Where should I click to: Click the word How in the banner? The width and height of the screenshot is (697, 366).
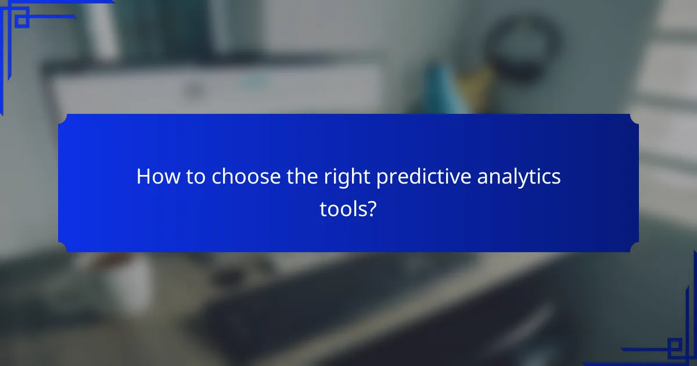pos(155,177)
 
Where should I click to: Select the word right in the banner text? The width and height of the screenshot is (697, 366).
pos(347,177)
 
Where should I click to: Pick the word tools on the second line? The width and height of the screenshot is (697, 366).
pos(343,210)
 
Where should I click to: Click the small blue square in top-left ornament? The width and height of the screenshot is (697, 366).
pos(21,21)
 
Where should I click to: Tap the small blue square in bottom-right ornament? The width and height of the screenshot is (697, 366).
pos(674,347)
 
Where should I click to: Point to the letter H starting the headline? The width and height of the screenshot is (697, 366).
pos(142,177)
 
